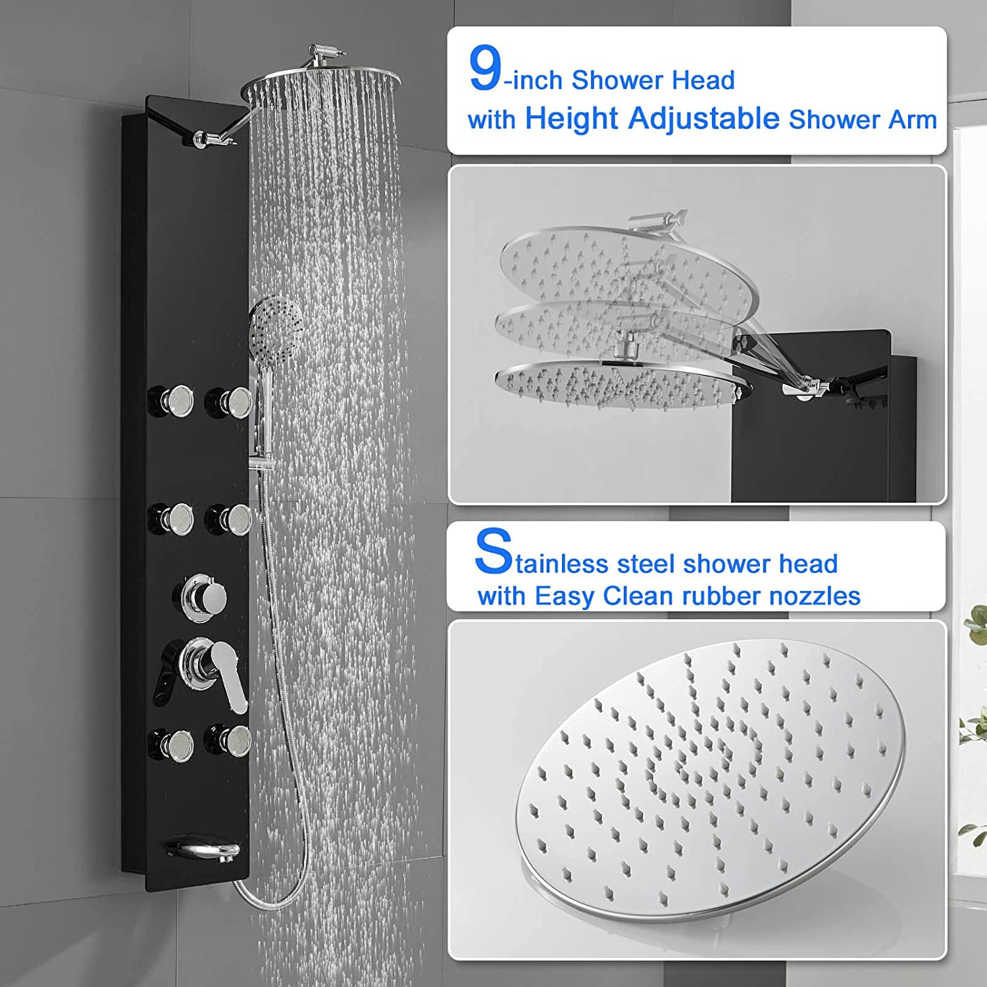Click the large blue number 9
[x=486, y=69]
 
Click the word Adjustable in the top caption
[x=703, y=119]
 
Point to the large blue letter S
[x=493, y=551]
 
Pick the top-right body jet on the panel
[x=228, y=402]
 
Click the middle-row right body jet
[x=228, y=520]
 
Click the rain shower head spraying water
[x=322, y=86]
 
